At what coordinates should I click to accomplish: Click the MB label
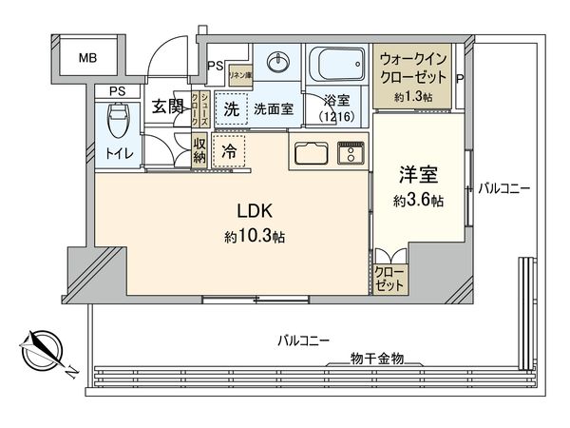[x=87, y=58]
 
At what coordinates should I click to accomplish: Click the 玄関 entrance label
[x=167, y=107]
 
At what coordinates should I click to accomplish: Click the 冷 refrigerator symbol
[x=229, y=149]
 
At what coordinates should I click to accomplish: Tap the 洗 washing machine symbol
[x=231, y=108]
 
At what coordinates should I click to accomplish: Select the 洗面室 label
[x=272, y=109]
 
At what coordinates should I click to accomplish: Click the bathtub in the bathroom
[x=337, y=65]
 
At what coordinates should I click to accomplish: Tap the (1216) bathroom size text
[x=337, y=116]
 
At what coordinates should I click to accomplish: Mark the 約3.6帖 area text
[x=419, y=201]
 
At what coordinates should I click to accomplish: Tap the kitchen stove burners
[x=352, y=152]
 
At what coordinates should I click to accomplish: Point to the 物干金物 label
[x=377, y=357]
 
